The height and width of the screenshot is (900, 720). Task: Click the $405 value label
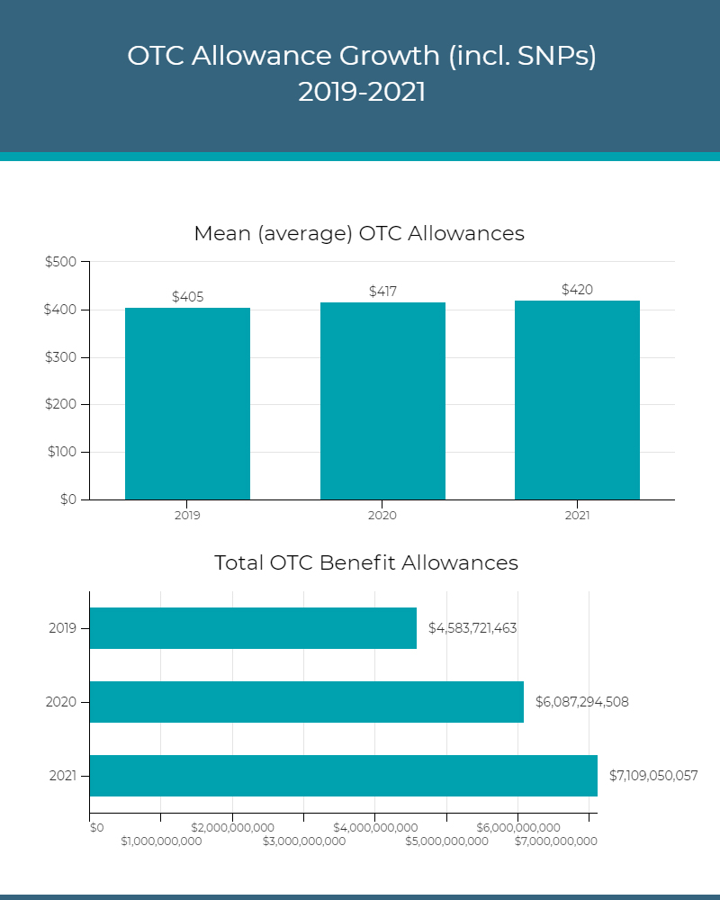tap(187, 297)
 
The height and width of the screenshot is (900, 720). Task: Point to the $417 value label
tap(382, 292)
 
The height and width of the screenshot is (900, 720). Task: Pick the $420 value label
tap(577, 290)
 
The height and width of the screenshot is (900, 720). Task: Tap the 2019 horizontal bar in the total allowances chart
tap(253, 628)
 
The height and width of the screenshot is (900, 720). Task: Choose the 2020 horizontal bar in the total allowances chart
tap(306, 702)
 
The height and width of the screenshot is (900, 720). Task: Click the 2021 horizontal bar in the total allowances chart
tap(343, 776)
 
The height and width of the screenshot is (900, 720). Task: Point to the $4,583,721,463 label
tap(472, 628)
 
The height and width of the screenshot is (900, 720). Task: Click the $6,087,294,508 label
tap(581, 702)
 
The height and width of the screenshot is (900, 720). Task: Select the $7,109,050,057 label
tap(652, 775)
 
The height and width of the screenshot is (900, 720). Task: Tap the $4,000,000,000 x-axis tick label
tap(375, 827)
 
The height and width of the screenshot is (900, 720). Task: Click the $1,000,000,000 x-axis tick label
tap(161, 841)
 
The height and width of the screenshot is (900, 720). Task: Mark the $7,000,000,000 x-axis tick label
tap(555, 841)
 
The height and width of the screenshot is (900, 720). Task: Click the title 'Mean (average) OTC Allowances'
tap(359, 234)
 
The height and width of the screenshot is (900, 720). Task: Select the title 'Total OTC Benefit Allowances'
tap(366, 563)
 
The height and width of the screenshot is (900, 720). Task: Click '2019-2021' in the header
tap(362, 92)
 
